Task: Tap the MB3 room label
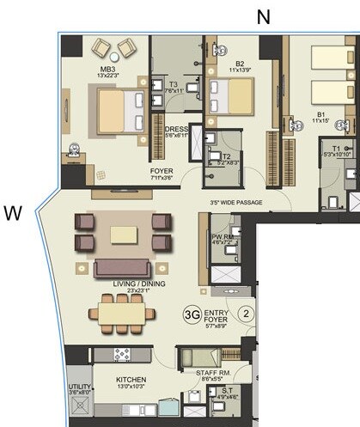click(107, 70)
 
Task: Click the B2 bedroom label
click(240, 62)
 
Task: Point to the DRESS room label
click(176, 131)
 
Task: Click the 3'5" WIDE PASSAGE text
click(235, 203)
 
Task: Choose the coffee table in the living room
click(123, 234)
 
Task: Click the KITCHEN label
click(131, 379)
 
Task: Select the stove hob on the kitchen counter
click(123, 354)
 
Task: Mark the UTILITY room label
click(80, 387)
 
